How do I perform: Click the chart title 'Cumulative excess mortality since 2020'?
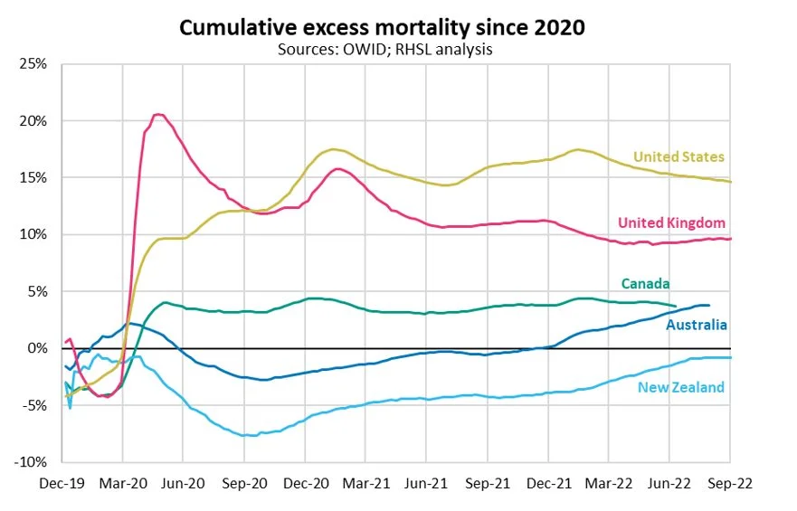click(381, 27)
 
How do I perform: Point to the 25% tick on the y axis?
click(33, 64)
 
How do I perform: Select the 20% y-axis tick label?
click(33, 121)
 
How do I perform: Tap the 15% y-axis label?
click(33, 178)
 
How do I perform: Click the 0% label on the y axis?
click(37, 348)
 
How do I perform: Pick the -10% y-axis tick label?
click(31, 462)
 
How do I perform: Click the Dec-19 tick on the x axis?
click(62, 483)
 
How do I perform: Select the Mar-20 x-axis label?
click(123, 483)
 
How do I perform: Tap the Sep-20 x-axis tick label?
click(244, 483)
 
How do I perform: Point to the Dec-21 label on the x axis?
click(548, 483)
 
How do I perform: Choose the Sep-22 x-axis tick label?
click(730, 483)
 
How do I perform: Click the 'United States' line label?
click(678, 157)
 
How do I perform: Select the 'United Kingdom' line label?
click(672, 223)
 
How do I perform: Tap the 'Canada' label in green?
click(645, 284)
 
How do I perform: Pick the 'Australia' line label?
click(697, 325)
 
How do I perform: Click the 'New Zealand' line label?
click(681, 388)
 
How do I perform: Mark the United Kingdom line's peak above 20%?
click(159, 114)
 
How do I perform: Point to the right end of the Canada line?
click(676, 307)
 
